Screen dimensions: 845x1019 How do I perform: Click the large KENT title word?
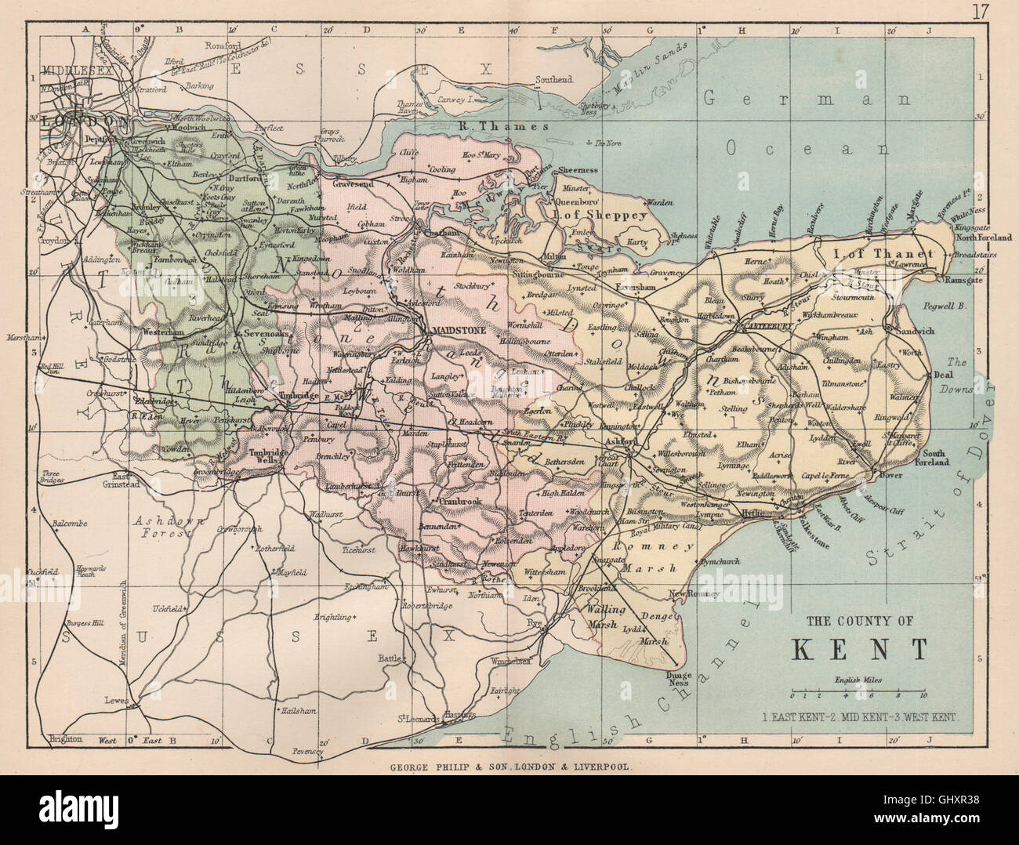click(x=860, y=649)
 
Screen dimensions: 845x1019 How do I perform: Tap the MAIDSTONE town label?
click(x=456, y=330)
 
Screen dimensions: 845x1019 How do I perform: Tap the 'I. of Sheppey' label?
click(x=600, y=214)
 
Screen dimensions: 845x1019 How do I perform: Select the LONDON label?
click(x=82, y=121)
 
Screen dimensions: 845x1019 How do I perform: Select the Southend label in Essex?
click(x=554, y=80)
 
